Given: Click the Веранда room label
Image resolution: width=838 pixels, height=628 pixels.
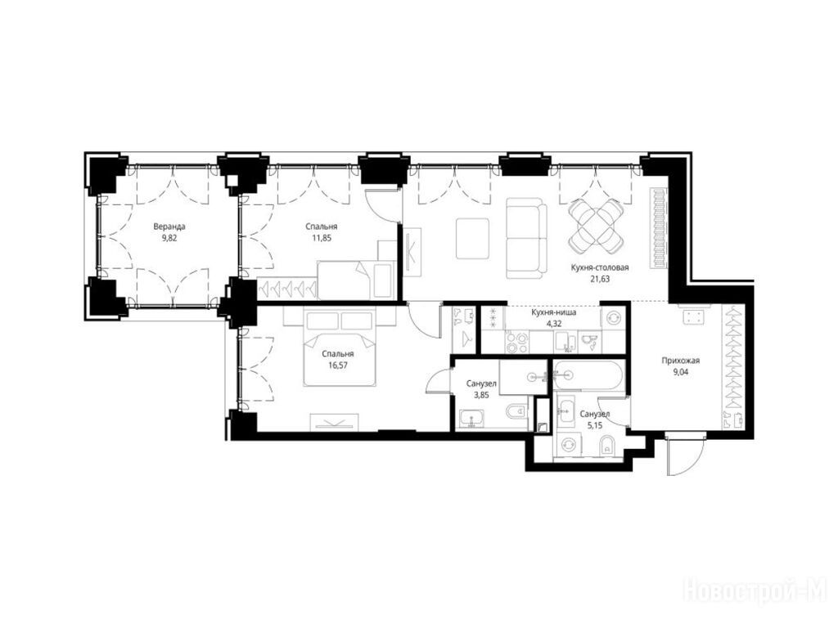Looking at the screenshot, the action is [169, 227].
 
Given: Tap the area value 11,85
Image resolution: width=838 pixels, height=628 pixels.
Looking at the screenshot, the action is [322, 238].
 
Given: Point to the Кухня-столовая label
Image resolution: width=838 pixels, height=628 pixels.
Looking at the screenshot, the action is [600, 267].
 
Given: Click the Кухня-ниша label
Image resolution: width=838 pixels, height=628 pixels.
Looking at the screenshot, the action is [553, 312].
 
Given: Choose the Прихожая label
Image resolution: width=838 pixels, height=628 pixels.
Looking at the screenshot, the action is [680, 361].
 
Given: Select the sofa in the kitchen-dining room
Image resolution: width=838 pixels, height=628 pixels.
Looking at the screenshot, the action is [526, 238].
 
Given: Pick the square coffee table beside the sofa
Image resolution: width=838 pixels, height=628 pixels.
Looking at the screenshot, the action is [472, 238].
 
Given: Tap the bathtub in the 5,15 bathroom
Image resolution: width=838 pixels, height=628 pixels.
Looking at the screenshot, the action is [588, 375].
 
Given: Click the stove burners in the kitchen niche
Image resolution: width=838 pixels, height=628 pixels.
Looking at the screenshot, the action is [517, 343].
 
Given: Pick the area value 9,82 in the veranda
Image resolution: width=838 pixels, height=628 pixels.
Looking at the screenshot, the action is [169, 238].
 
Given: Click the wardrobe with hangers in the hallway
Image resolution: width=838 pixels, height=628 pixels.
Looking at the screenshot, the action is [732, 367].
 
